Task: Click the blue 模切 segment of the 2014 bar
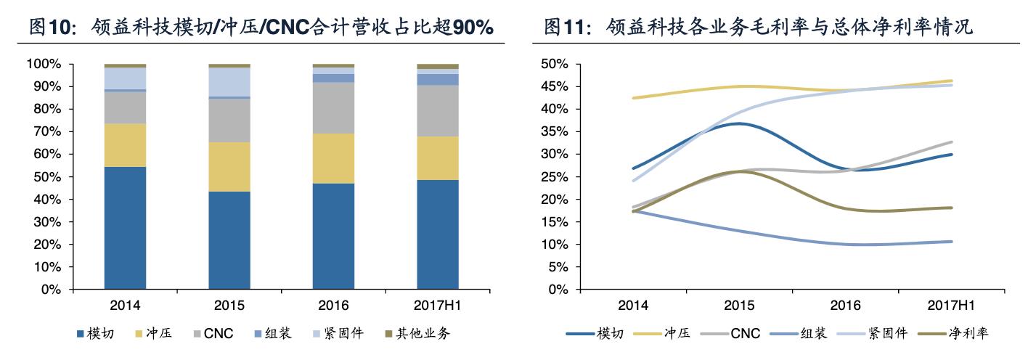125,228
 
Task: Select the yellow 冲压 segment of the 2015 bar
229,166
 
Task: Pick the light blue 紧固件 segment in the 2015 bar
229,81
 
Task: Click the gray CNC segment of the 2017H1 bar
438,110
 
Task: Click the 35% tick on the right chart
558,131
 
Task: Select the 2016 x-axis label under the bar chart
333,305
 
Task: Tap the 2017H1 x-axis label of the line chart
950,305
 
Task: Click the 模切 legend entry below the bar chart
94,334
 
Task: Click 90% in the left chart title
473,28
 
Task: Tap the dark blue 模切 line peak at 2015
739,123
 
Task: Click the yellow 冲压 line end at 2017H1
952,81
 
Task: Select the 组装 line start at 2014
634,210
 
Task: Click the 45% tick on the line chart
558,86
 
